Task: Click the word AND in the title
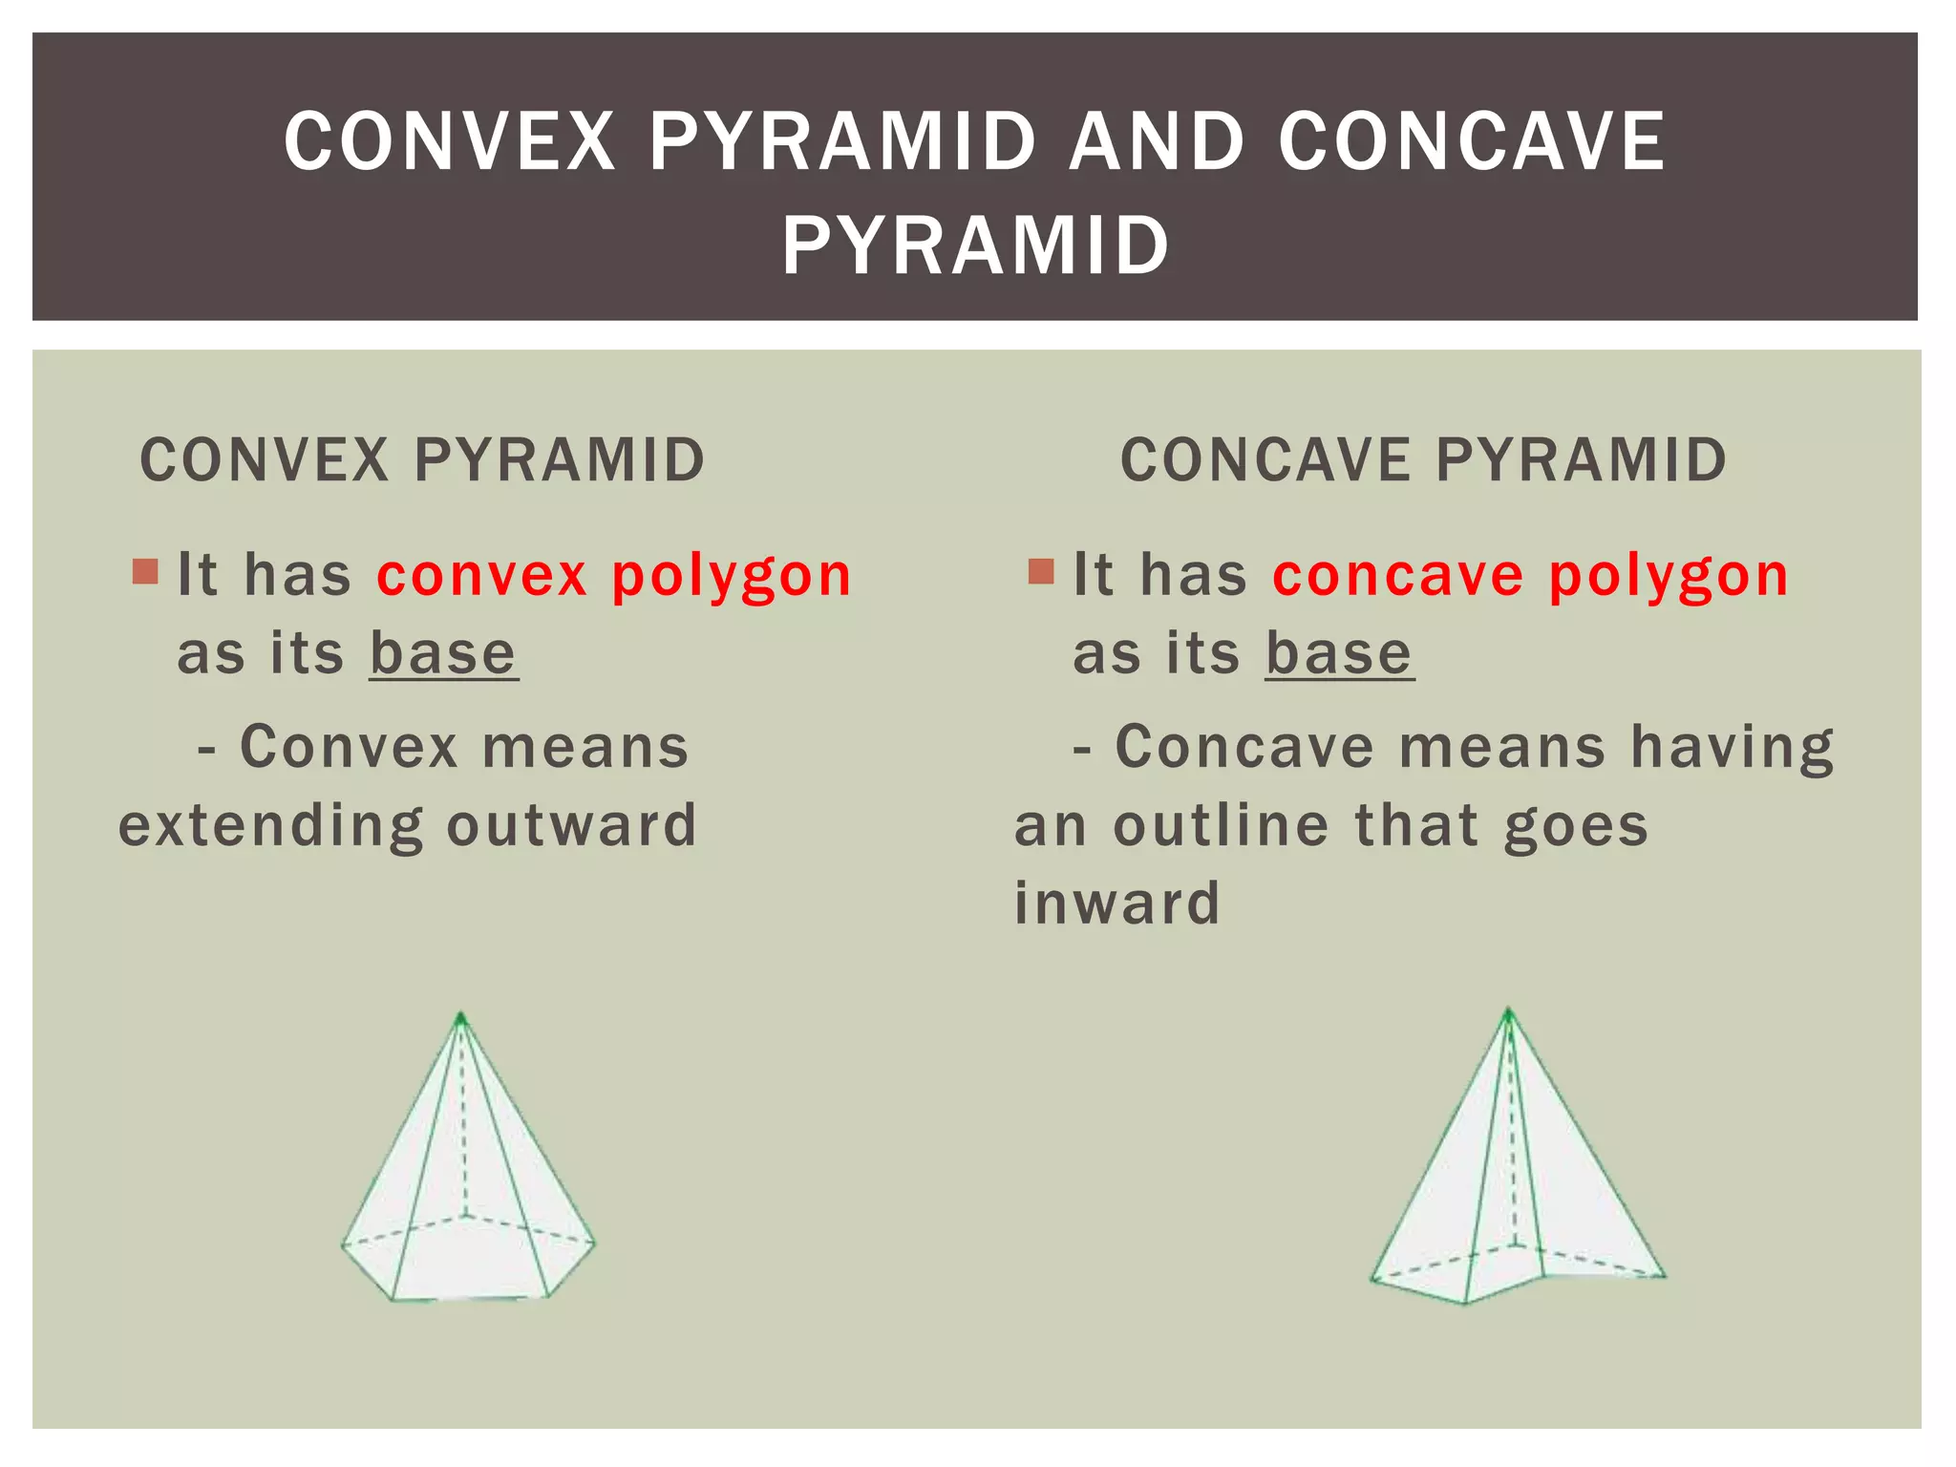pos(1157,141)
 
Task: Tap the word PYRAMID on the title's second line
pos(976,246)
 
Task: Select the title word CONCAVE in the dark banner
pos(1473,141)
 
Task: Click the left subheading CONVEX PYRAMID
pos(422,459)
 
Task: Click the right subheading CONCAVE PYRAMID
pos(1423,459)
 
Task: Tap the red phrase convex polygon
pos(613,576)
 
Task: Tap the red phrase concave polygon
pos(1530,576)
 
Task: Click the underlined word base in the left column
pos(443,654)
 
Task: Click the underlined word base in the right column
pos(1339,654)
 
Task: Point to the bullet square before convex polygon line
pos(145,572)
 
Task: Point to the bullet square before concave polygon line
pos(1041,572)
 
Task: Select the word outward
pos(571,825)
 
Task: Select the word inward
pos(1116,904)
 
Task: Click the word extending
pos(270,827)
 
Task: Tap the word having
pos(1732,748)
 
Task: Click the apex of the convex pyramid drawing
pos(461,1015)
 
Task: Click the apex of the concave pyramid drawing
pos(1509,1010)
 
